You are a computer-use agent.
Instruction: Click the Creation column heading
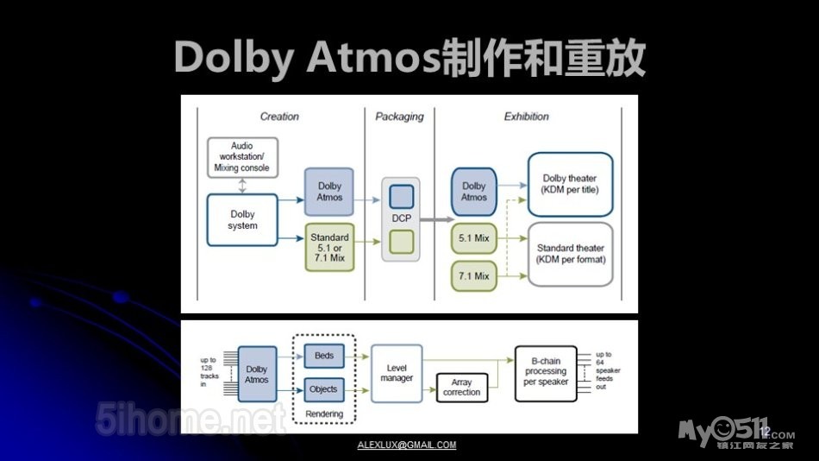pos(279,117)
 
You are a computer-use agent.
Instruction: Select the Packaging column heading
pos(399,117)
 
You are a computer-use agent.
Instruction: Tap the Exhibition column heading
pos(526,117)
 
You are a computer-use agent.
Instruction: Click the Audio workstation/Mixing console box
pos(242,157)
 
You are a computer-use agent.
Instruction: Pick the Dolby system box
pos(242,220)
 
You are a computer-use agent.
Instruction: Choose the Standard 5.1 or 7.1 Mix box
pos(329,247)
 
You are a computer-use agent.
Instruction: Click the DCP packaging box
pos(401,218)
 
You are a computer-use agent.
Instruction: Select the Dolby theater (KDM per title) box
pos(570,184)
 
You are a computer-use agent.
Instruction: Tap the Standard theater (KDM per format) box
pos(570,254)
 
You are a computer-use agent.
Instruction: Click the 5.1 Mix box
pos(473,237)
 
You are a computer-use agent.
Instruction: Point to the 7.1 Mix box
pos(473,276)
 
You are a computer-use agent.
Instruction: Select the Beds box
pos(324,355)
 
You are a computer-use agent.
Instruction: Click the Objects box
pos(324,389)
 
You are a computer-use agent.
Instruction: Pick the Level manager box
pos(397,373)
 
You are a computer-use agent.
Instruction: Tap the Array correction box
pos(461,387)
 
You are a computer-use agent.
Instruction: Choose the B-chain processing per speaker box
pos(545,372)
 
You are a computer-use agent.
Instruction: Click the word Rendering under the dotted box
pos(324,414)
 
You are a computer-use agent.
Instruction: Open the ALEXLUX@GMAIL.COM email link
pos(407,445)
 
